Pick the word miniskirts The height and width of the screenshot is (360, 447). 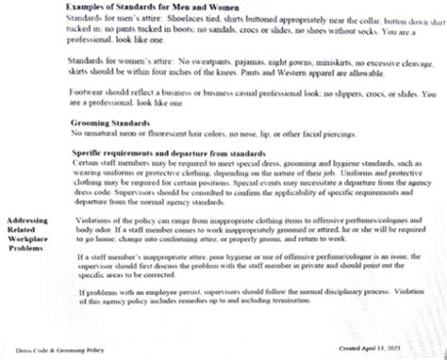(x=311, y=60)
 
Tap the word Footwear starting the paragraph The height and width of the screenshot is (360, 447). (x=88, y=93)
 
